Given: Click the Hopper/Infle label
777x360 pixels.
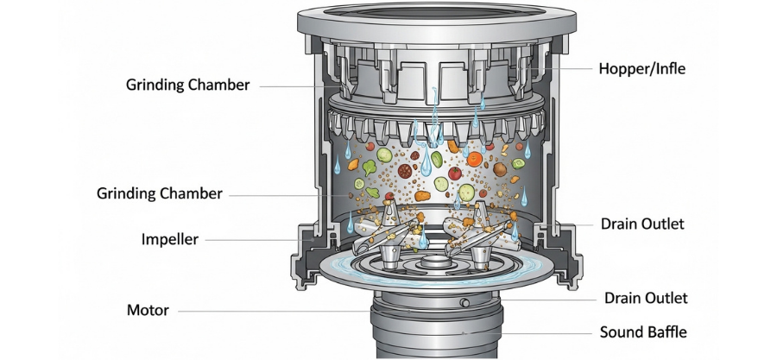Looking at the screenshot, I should tap(642, 68).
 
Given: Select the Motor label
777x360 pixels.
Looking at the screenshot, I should tap(149, 310).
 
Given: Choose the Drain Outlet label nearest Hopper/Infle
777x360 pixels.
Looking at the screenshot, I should tap(642, 224).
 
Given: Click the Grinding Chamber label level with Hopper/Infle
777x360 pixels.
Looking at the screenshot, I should tap(187, 85).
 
